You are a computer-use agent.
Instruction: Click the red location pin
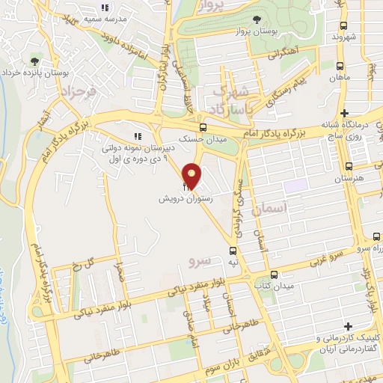[x=193, y=177]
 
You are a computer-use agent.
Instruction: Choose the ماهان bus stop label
[x=343, y=78]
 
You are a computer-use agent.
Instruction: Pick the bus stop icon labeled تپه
[x=233, y=251]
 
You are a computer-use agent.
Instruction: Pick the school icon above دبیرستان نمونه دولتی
[x=137, y=136]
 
